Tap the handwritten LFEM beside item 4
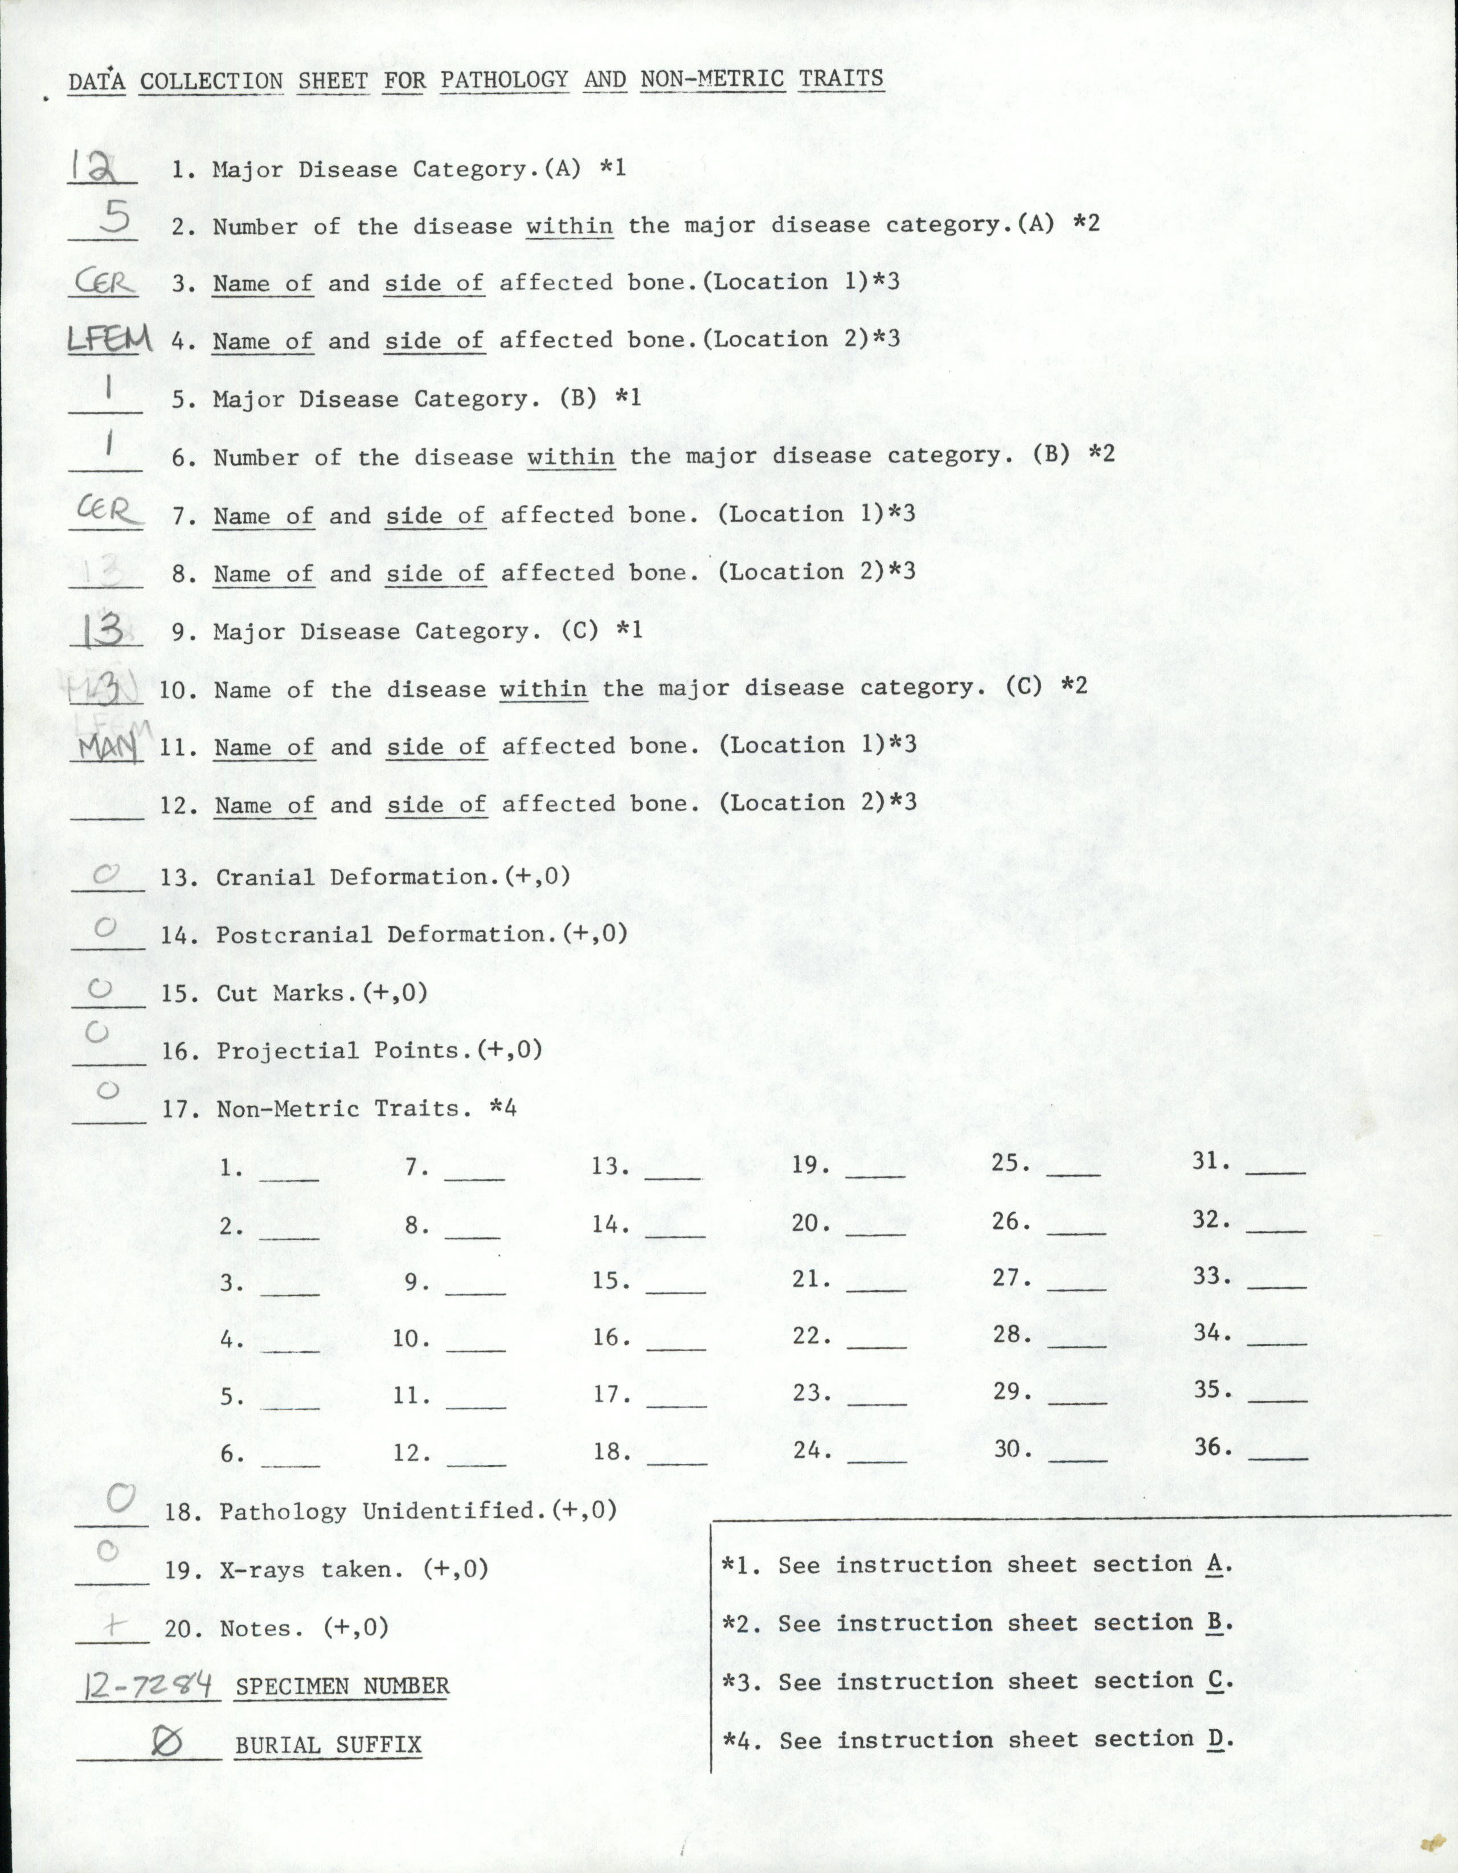109,341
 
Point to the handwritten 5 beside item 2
114,219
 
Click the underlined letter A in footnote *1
1214,1564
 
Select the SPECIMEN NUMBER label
342,1687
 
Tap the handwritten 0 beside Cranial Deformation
107,875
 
